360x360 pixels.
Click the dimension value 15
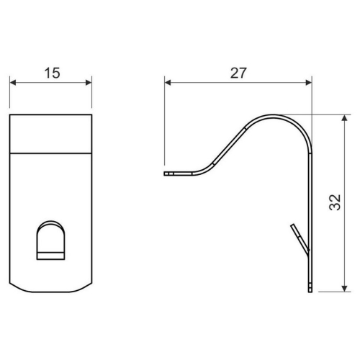coord(52,73)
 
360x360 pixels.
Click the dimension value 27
coord(238,73)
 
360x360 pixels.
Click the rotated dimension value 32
coord(335,202)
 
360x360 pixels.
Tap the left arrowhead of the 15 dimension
coord(13,83)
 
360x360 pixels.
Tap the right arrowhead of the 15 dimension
coord(89,83)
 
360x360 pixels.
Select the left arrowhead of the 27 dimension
coord(168,83)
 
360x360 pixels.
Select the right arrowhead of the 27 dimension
coord(309,83)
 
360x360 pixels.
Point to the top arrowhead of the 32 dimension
coord(345,118)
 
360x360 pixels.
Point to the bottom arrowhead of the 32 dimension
coord(345,289)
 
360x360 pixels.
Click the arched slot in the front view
coord(50,240)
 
